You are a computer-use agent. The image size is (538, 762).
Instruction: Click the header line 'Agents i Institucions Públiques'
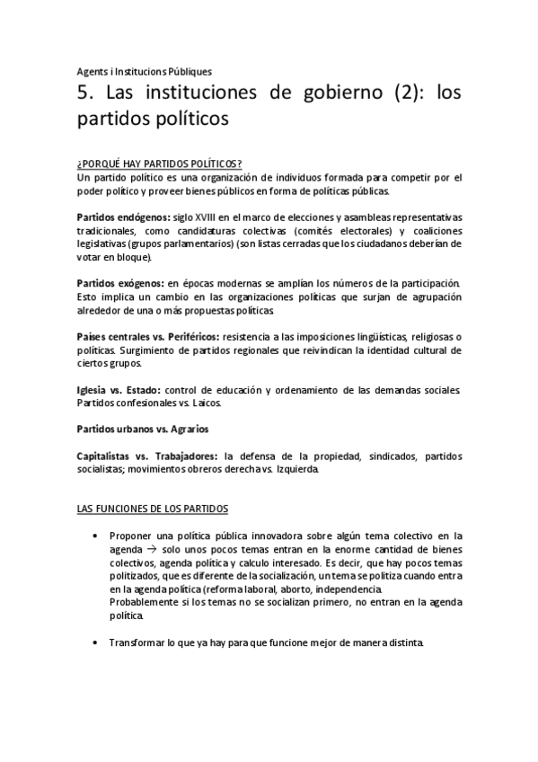(144, 71)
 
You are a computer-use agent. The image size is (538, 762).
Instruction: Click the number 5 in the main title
(82, 93)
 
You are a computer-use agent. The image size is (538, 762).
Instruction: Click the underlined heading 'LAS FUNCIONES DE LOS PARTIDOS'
(153, 509)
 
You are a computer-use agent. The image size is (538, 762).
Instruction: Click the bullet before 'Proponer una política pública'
(96, 536)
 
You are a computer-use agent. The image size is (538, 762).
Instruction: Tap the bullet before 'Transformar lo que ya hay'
(96, 643)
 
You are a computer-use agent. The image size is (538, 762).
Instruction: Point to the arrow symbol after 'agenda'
(150, 549)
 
